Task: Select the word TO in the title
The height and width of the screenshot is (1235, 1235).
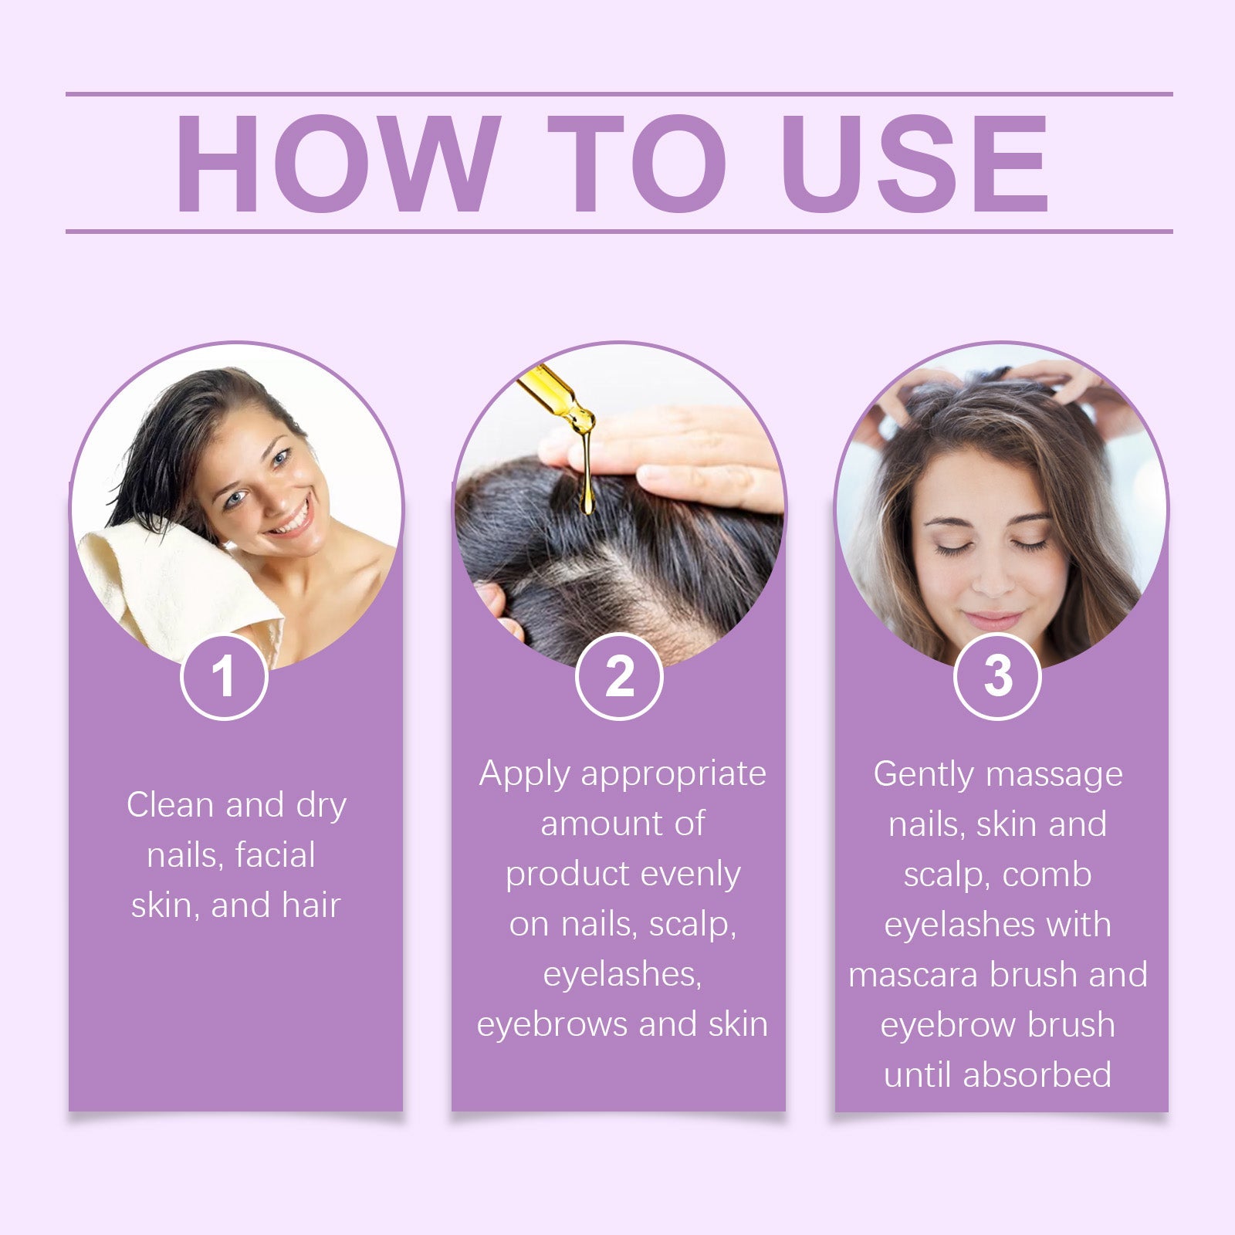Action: pyautogui.click(x=637, y=163)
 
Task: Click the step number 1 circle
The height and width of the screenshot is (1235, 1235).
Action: pyautogui.click(x=224, y=677)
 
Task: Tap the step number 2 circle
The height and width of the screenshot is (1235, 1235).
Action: pyautogui.click(x=619, y=677)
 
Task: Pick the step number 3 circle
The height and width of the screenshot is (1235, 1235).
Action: pyautogui.click(x=997, y=677)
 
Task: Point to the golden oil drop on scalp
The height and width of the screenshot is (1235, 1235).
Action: pyautogui.click(x=587, y=502)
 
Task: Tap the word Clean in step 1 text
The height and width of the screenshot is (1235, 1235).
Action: pyautogui.click(x=170, y=805)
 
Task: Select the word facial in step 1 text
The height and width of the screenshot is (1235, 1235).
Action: pyautogui.click(x=275, y=855)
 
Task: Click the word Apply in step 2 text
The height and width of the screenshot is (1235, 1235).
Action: pyautogui.click(x=524, y=773)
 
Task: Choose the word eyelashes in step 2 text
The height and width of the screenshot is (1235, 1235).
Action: pyautogui.click(x=621, y=974)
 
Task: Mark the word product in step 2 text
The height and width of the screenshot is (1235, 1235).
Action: pyautogui.click(x=568, y=875)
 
